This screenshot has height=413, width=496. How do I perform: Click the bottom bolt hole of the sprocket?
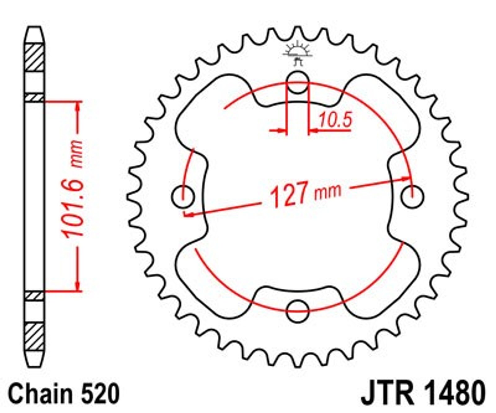coord(298,311)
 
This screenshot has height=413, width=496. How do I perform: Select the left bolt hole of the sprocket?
coord(183,197)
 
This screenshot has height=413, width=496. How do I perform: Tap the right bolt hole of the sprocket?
coord(412,197)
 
